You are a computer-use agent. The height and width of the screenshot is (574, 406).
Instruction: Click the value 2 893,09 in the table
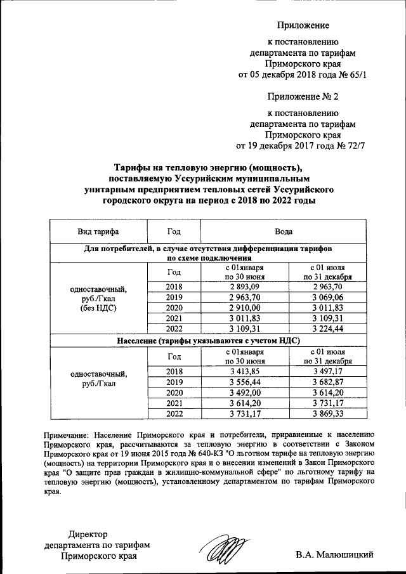(x=245, y=287)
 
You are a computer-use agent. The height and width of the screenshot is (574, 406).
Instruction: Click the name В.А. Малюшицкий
(x=334, y=555)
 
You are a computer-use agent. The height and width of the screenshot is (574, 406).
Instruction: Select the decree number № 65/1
(x=352, y=74)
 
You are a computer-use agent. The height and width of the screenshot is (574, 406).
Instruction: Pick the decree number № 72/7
(x=352, y=145)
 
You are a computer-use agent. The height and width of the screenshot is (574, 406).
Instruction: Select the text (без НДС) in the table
(x=98, y=308)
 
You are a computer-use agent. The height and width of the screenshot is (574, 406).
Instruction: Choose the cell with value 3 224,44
(x=327, y=329)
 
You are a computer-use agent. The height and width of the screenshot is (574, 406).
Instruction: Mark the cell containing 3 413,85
(x=245, y=371)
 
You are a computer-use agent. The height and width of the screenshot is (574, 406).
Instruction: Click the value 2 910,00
(x=245, y=308)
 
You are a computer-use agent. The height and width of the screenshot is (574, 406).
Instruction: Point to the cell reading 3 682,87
(x=327, y=382)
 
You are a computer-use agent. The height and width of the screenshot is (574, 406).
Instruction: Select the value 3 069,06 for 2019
(x=327, y=297)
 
